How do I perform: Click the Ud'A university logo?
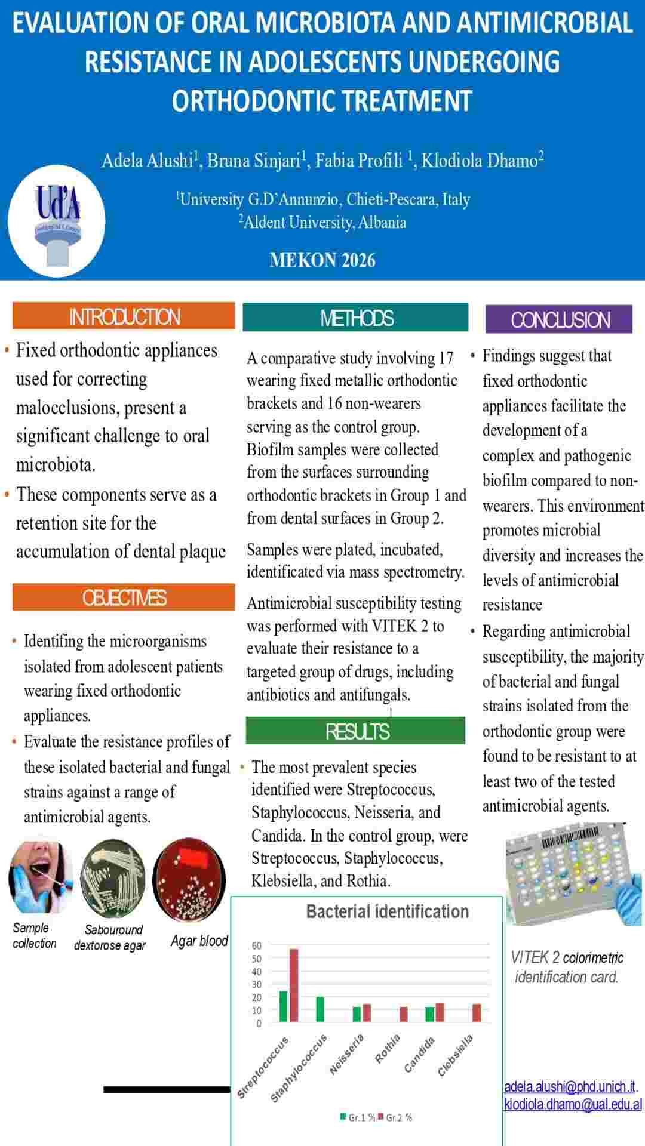57,221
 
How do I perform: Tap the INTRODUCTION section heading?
124,316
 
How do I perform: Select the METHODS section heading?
356,318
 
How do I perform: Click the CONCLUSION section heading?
559,320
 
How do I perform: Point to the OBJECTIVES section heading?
124,597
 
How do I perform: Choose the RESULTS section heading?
356,731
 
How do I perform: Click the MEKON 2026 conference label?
322,260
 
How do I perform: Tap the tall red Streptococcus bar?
294,985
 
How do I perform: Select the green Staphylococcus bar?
320,1009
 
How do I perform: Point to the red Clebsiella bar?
477,1013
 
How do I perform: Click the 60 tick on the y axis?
257,945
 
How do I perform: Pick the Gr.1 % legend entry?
358,1117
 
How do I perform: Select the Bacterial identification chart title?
387,911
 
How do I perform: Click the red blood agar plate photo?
189,877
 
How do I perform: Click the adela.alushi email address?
570,1086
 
